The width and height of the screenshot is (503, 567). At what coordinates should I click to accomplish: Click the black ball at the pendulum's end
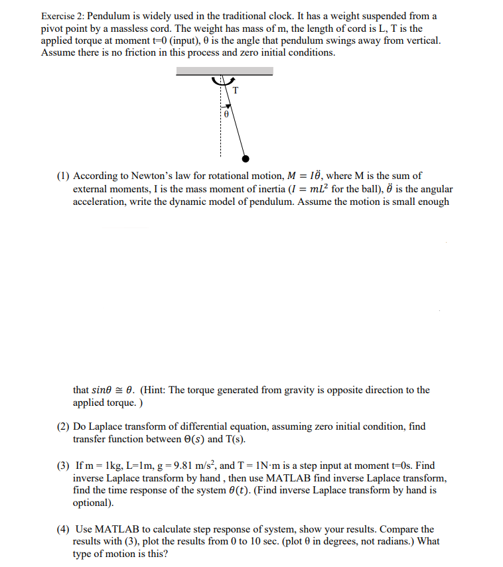click(x=246, y=158)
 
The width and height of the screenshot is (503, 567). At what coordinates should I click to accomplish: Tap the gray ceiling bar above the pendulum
click(x=224, y=71)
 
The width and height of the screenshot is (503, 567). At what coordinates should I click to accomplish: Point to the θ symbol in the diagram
click(x=226, y=115)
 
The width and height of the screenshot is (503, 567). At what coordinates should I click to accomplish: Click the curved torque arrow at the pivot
click(x=220, y=82)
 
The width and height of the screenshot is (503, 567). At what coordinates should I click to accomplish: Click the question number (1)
click(x=63, y=176)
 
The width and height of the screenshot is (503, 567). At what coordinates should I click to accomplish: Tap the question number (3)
click(x=63, y=466)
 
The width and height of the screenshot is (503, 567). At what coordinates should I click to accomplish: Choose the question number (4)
click(x=63, y=529)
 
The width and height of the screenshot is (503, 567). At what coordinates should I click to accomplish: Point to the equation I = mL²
click(x=305, y=189)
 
